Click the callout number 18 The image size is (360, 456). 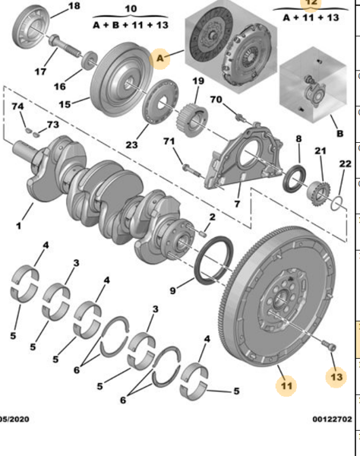point(74,7)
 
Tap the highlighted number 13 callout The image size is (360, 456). point(336,375)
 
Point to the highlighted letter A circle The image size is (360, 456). point(161,59)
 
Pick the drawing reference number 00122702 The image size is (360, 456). point(332,439)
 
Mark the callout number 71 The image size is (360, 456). point(170,142)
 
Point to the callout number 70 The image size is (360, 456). point(216,100)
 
